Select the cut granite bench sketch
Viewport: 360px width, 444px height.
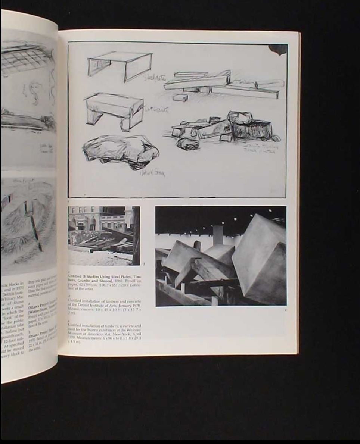(114, 110)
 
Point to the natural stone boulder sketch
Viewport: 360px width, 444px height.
(120, 151)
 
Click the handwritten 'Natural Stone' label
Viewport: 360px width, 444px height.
(152, 173)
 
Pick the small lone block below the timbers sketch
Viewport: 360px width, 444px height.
(180, 98)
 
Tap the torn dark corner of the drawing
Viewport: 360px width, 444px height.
(278, 49)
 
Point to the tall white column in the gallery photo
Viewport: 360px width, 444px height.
(218, 235)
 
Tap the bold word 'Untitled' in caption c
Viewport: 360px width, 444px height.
(75, 276)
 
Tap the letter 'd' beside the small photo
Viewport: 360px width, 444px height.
(144, 264)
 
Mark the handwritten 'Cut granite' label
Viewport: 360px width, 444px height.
(156, 110)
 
